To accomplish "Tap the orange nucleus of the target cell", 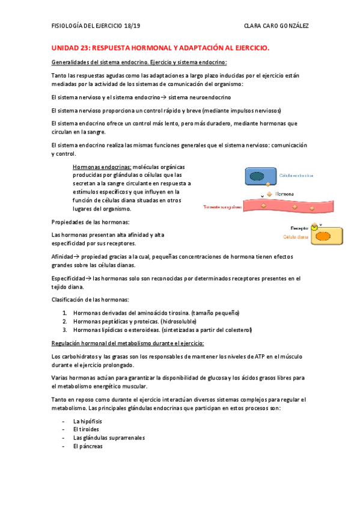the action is click(x=323, y=236).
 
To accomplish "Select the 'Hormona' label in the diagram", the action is click(x=284, y=194).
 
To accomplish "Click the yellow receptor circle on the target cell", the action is click(x=314, y=228).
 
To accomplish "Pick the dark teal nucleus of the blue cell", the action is click(x=256, y=176).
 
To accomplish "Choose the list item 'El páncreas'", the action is click(x=88, y=446).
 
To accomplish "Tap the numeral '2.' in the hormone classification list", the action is click(x=65, y=321).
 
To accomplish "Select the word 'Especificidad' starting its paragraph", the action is click(x=71, y=278).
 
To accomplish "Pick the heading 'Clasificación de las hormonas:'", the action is click(x=90, y=300).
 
